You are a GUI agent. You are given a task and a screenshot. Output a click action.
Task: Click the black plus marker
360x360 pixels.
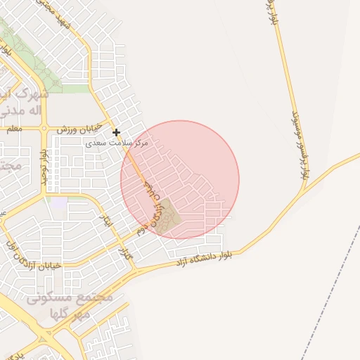pyautogui.click(x=116, y=132)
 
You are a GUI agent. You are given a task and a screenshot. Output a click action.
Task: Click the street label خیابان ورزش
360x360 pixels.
pyautogui.click(x=70, y=129)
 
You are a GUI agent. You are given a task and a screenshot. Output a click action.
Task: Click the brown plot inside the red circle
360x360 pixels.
pyautogui.click(x=167, y=217)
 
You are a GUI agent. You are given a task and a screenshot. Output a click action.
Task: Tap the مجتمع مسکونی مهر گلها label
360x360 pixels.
pyautogui.click(x=70, y=305)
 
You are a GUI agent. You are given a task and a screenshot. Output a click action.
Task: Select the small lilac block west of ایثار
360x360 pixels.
pyautogui.click(x=59, y=203)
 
